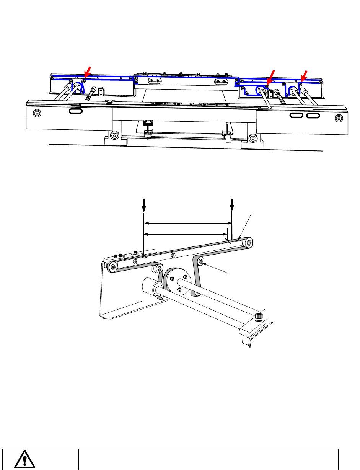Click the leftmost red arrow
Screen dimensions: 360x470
(87, 71)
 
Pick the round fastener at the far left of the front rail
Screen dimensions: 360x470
(37, 113)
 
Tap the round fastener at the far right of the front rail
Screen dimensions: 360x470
(338, 118)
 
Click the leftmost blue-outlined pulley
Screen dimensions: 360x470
(77, 88)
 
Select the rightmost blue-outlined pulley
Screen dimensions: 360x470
(294, 91)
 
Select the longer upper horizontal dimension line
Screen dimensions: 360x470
(188, 222)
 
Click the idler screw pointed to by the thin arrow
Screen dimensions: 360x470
(202, 261)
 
